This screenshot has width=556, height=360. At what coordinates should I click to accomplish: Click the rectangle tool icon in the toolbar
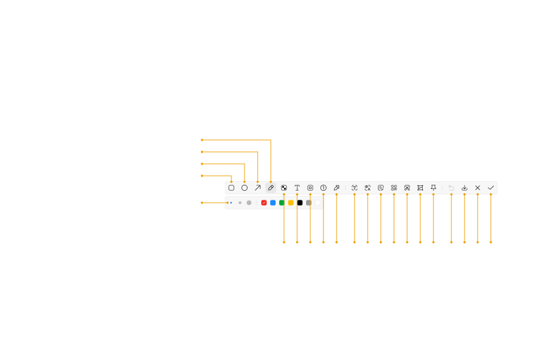pos(231,188)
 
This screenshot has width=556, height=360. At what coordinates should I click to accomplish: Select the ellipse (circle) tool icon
pos(245,188)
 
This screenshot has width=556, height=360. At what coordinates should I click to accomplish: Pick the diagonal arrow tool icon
pos(258,188)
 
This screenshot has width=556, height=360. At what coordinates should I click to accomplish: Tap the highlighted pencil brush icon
pos(271,188)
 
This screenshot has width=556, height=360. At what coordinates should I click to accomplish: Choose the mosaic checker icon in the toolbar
pos(284,188)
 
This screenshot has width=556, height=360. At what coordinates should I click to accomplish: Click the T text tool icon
pos(297,188)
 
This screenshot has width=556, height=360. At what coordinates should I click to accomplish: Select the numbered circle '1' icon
pos(323,188)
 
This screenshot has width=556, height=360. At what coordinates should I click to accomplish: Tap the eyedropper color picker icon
pos(337,188)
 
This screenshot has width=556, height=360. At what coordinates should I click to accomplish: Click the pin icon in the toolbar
pos(433,188)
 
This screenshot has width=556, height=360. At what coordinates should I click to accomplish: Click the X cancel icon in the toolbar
pos(478,188)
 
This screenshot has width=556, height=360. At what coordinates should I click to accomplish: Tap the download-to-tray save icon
pos(465,188)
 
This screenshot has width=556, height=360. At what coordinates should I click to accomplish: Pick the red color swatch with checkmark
pos(264,203)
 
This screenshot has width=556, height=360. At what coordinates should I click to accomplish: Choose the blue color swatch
pos(273,203)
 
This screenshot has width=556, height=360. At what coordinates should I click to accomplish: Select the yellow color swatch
pos(291,203)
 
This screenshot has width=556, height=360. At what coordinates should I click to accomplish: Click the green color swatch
pos(282,203)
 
